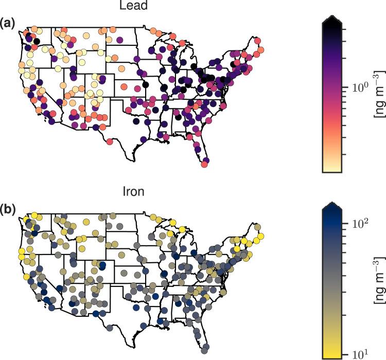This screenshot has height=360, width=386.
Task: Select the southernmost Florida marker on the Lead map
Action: coord(205,164)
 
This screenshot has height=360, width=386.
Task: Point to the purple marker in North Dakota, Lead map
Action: coord(120,39)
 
